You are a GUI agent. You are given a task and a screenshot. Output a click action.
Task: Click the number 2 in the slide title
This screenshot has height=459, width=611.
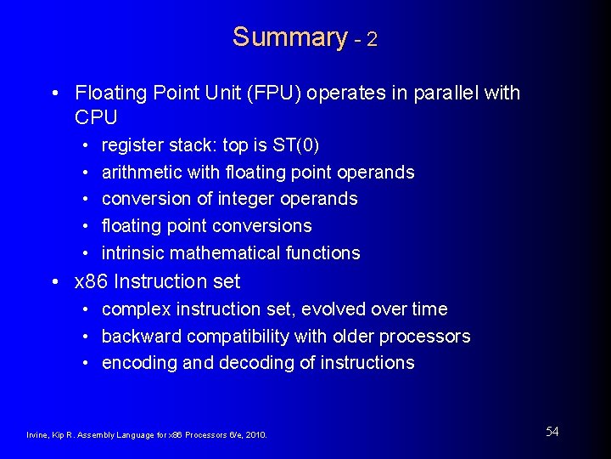click(x=372, y=39)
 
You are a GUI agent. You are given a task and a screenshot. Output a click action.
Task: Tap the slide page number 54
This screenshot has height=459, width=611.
click(x=552, y=432)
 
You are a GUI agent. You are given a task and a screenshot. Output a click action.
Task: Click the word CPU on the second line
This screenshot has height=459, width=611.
click(x=96, y=116)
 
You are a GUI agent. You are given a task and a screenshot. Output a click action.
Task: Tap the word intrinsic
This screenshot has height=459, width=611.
click(x=132, y=252)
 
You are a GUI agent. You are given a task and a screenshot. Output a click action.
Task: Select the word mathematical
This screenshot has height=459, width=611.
click(x=224, y=252)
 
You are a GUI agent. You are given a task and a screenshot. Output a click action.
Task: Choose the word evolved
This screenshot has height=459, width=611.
click(x=323, y=309)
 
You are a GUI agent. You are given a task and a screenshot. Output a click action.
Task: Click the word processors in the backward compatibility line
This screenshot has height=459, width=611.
click(x=424, y=336)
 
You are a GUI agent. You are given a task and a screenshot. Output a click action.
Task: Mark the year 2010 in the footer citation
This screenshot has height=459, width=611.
click(x=254, y=435)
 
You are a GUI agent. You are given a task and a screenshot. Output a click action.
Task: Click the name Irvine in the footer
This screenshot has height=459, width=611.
click(x=38, y=435)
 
